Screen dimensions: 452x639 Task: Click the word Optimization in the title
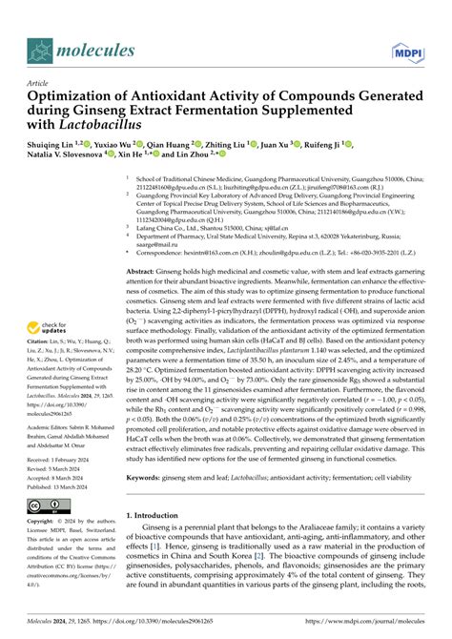click(76, 98)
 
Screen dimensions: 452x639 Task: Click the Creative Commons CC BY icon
click(47, 505)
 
